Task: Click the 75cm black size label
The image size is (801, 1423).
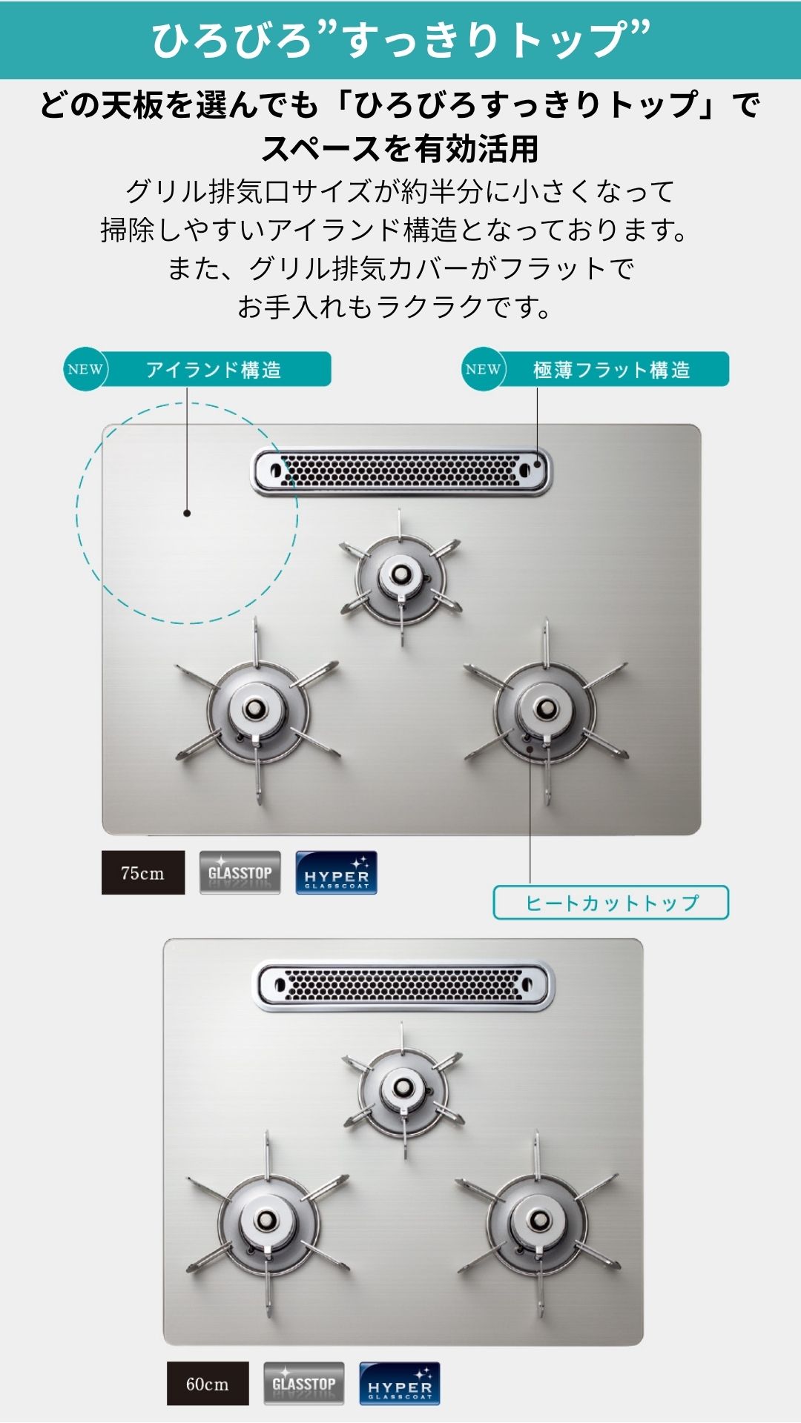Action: [143, 872]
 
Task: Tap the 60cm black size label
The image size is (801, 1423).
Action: [208, 1383]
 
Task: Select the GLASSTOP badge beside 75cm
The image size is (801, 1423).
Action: [240, 872]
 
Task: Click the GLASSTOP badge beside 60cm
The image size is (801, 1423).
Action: [304, 1383]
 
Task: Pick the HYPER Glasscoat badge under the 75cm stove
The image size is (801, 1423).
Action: [337, 872]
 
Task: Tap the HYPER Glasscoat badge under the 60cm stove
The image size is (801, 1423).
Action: [400, 1383]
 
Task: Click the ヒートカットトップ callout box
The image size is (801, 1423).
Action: [611, 903]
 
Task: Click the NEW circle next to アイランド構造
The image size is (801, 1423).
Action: [85, 369]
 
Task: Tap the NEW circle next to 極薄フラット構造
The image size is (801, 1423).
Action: [484, 369]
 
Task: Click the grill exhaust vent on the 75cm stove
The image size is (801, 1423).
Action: [401, 471]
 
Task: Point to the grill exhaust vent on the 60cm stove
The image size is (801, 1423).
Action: [404, 985]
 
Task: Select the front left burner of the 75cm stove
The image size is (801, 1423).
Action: [256, 711]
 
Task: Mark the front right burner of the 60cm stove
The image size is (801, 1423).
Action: [538, 1221]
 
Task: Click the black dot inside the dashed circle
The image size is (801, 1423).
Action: [187, 513]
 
